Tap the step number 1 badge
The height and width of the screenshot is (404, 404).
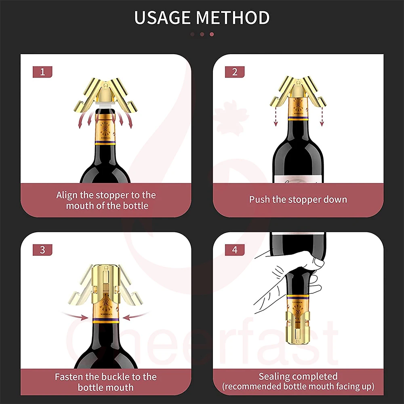43,72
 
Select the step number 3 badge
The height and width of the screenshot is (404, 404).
43,249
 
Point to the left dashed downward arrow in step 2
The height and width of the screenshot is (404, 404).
276,117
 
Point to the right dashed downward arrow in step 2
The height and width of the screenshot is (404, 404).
322,117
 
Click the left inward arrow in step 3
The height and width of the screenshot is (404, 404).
75,315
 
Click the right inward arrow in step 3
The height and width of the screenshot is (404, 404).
136,316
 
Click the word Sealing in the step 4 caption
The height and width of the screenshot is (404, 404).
274,377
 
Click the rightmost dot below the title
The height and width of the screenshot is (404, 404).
212,34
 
